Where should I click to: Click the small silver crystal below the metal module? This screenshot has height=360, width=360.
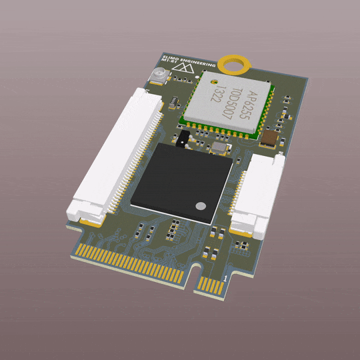coord(217,149)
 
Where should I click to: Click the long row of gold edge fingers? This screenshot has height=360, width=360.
coord(131,263)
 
